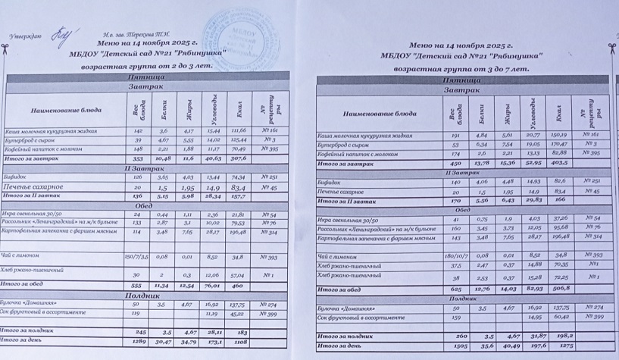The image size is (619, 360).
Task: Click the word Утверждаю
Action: pos(24,36)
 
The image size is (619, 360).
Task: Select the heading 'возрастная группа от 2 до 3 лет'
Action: pos(142,66)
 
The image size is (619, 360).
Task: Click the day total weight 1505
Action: pos(453,347)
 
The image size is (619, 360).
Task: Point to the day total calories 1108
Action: pos(241,343)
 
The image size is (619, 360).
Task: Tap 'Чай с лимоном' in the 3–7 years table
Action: pos(336,257)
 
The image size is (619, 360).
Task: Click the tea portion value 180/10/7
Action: pos(455,257)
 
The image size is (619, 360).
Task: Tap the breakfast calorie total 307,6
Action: pos(239,159)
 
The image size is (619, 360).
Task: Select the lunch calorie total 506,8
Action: pos(560,289)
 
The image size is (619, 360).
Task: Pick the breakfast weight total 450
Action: pos(455,162)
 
